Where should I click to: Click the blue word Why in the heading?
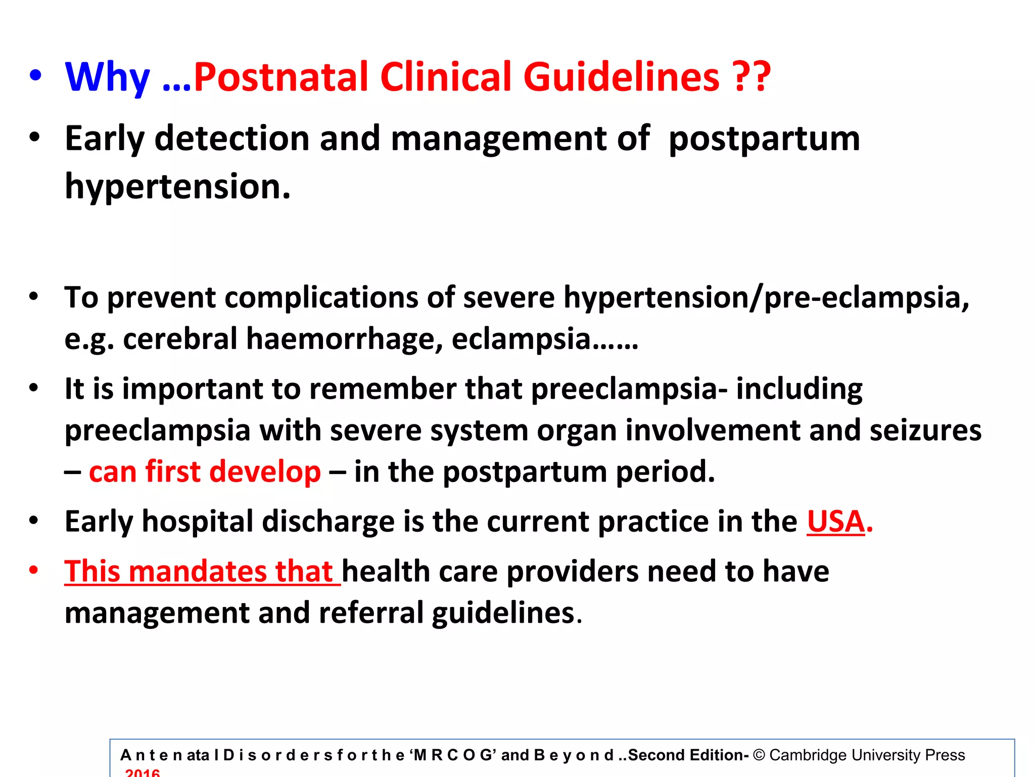107,77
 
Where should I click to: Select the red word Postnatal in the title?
280,77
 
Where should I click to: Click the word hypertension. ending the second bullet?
178,187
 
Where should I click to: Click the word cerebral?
179,338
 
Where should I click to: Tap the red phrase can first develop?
205,471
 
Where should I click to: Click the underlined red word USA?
836,522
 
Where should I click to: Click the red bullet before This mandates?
34,570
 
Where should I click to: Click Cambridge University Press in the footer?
867,755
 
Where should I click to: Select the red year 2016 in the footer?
143,772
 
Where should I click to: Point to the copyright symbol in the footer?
759,755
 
